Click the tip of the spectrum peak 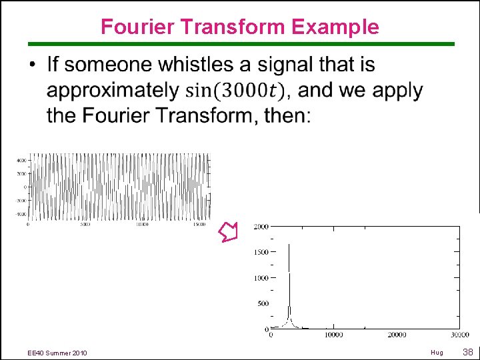(289, 245)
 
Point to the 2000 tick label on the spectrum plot (261, 227)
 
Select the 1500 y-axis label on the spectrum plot (261, 252)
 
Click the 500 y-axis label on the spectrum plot (263, 303)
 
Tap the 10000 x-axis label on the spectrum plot (333, 335)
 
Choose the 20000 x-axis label (397, 335)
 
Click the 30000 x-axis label (459, 335)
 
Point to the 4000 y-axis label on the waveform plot (21, 161)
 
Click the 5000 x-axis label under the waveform (85, 225)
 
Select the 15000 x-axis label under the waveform (199, 225)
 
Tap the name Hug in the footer (437, 352)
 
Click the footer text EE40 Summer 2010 (57, 352)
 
